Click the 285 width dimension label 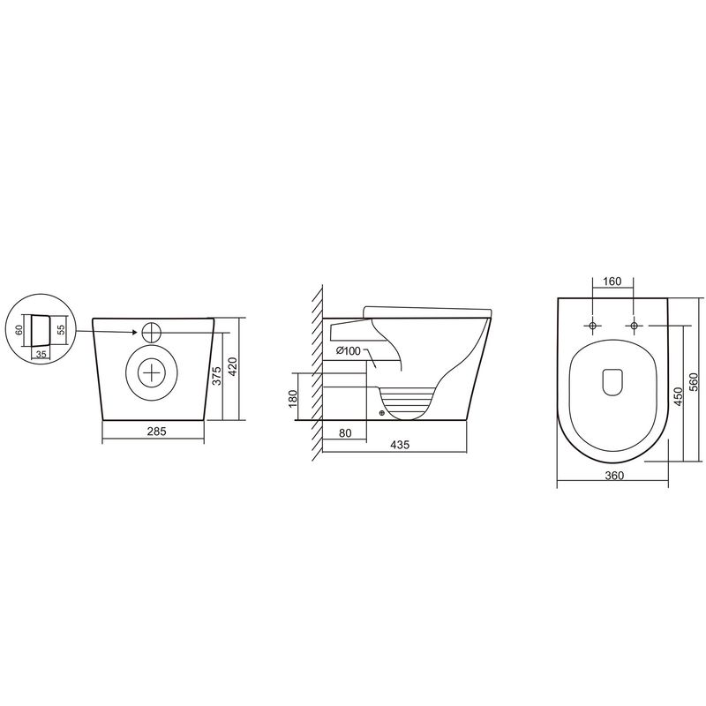pos(156,431)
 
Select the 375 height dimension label pos(216,376)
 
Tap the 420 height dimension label pos(233,366)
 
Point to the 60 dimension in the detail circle pos(19,330)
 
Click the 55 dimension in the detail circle pos(61,328)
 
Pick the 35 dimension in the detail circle pos(41,355)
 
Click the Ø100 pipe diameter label pos(348,350)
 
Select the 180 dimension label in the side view pos(293,398)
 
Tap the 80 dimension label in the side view pos(345,433)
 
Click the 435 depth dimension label pos(400,445)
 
